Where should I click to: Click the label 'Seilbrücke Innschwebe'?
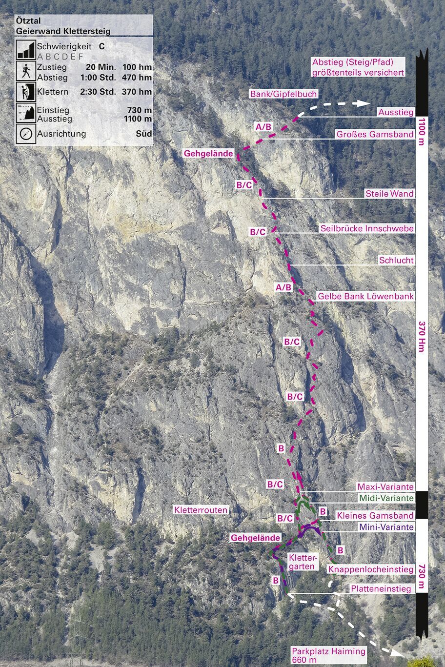367,228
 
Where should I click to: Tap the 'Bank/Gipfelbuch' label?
283,94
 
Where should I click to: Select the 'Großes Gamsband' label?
375,134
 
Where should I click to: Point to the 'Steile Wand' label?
389,194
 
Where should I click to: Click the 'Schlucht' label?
396,261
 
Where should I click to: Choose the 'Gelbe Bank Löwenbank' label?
365,296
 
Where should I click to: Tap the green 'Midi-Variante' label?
386,498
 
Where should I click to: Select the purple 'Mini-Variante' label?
386,527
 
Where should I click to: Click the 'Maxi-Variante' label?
385,486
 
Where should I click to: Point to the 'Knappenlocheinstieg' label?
371,569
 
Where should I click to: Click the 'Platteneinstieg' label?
381,589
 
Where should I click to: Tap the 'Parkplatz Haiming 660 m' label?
328,655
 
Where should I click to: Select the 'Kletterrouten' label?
201,510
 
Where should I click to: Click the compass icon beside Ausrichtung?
25,133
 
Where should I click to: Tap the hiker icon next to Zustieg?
25,72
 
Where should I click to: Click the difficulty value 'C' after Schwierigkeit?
101,47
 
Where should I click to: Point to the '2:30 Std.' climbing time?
98,92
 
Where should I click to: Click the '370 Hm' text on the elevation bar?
422,336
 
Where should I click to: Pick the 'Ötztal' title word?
28,21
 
